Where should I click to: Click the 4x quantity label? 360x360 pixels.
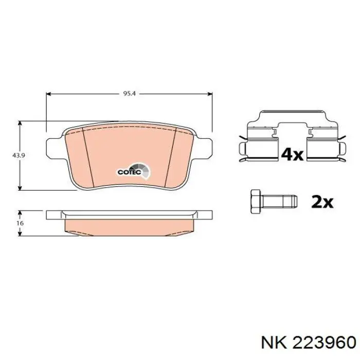coord(292,154)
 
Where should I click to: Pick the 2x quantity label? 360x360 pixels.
coord(322,202)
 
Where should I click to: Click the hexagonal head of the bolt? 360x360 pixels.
coord(255,202)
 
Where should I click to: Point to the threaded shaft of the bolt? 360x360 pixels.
coord(280,202)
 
